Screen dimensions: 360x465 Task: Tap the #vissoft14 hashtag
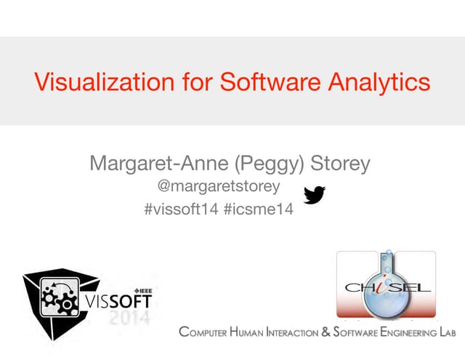click(x=182, y=210)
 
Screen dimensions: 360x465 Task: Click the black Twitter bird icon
click(x=314, y=195)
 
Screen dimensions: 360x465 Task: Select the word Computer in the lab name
click(x=203, y=333)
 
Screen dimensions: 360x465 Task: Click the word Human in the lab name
click(x=248, y=333)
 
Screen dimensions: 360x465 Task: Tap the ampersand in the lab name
click(x=326, y=333)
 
